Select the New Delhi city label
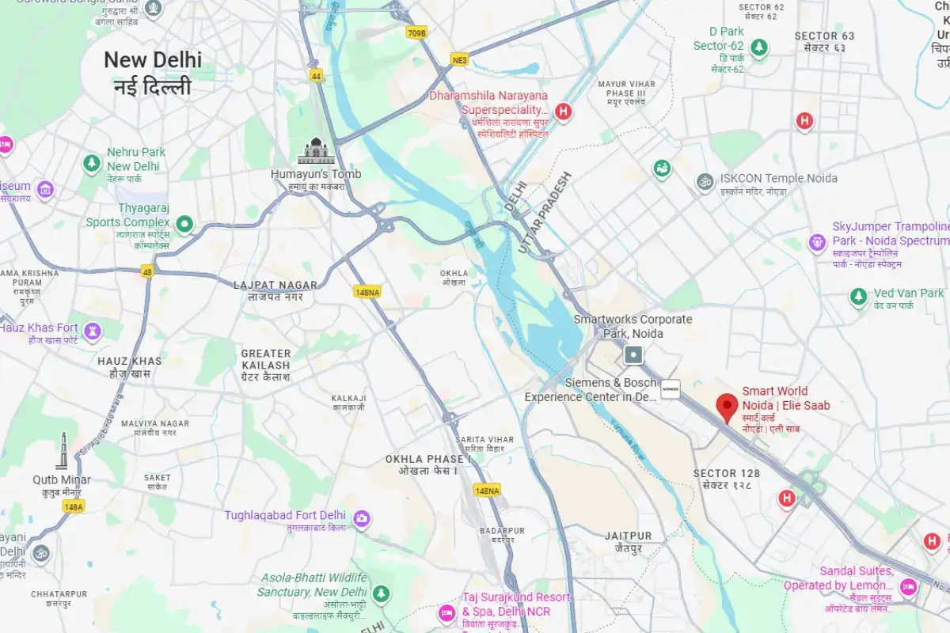point(153,71)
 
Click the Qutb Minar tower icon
point(63,451)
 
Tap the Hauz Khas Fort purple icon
point(93,328)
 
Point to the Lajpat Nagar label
point(275,290)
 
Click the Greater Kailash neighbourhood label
point(266,365)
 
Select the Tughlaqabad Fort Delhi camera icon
point(362,517)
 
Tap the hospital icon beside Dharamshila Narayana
point(563,112)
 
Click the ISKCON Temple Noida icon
point(704,181)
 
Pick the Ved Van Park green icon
point(858,297)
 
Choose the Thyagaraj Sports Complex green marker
point(184,225)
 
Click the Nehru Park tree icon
point(92,164)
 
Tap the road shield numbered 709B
point(416,32)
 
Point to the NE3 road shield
point(461,59)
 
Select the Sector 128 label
point(726,479)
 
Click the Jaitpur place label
point(628,541)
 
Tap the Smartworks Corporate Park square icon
point(633,355)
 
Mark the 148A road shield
point(73,506)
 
